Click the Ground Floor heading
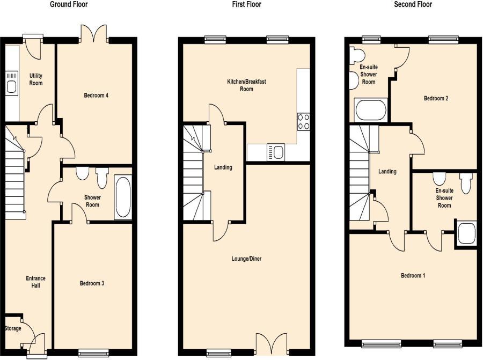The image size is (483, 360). (x=69, y=4)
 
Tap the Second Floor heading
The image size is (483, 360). (x=413, y=4)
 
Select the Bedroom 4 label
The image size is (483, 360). (x=96, y=95)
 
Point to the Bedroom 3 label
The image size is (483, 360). (x=92, y=283)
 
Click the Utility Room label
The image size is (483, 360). (x=36, y=79)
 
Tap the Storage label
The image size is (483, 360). (x=13, y=328)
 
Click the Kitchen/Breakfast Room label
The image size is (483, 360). (x=246, y=85)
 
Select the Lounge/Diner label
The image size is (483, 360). (x=246, y=259)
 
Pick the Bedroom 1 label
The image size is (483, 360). (x=413, y=276)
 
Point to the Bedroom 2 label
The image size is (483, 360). (x=436, y=99)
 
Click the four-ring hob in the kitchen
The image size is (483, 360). (x=303, y=122)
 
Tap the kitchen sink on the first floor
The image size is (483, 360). (x=276, y=152)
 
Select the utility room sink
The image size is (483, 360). (x=11, y=82)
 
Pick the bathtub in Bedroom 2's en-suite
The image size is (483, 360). (x=370, y=111)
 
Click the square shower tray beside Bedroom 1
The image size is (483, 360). (x=466, y=234)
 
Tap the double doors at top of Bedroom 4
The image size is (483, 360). (x=95, y=34)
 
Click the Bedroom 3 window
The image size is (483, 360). (x=93, y=352)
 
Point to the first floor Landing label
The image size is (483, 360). (x=223, y=167)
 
